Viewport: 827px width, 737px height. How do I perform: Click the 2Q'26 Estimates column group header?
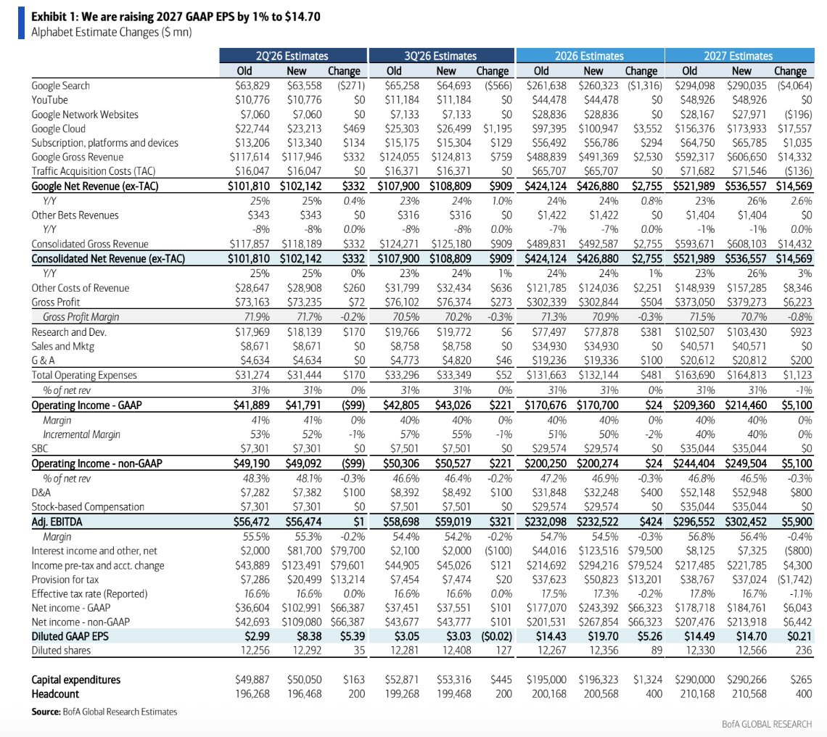(293, 55)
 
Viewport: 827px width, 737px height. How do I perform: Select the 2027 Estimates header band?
(739, 55)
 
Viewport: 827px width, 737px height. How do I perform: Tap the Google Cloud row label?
(59, 128)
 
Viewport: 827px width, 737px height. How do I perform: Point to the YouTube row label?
(49, 100)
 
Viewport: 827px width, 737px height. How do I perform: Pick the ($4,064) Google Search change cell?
(794, 86)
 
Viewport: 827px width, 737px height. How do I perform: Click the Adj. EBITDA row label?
(57, 522)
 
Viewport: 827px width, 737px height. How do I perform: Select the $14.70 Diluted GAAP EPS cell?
(751, 636)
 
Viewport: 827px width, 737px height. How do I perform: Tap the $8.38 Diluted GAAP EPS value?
(309, 636)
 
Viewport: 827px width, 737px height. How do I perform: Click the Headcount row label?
(55, 694)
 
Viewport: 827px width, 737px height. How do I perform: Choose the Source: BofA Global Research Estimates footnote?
(104, 712)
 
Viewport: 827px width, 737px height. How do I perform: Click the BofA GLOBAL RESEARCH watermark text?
(767, 725)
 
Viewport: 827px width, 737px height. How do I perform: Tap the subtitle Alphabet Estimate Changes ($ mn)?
(111, 32)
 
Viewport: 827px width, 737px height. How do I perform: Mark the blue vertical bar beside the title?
(21, 23)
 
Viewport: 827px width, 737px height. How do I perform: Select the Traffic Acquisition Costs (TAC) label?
(94, 171)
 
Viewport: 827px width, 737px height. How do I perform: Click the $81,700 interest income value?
(305, 551)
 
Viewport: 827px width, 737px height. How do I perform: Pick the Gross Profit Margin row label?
(81, 317)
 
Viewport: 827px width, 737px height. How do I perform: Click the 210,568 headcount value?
(749, 694)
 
